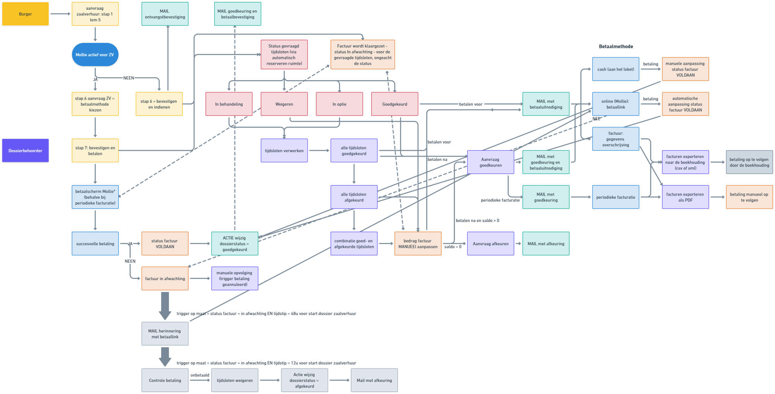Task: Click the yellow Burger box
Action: [26, 14]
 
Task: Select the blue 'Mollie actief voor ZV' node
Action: [95, 55]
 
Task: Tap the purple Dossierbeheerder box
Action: [26, 151]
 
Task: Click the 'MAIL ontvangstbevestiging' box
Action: [165, 14]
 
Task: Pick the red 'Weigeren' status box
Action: [284, 104]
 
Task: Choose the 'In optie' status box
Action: [339, 104]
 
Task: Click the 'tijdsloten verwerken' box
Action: [284, 151]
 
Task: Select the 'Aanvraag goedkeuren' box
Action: [491, 162]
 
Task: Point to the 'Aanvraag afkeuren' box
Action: [491, 244]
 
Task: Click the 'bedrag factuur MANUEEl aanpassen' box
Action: [418, 244]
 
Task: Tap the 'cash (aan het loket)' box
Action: [615, 69]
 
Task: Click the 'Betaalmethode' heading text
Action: [616, 46]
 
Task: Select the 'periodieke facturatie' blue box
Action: [615, 197]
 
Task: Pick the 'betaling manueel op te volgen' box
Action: [749, 197]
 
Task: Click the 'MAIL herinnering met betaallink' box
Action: [165, 334]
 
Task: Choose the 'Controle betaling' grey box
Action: [165, 380]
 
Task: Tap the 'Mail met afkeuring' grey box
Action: [374, 380]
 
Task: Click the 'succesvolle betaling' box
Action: [95, 244]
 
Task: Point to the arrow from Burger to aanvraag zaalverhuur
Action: [60, 14]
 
